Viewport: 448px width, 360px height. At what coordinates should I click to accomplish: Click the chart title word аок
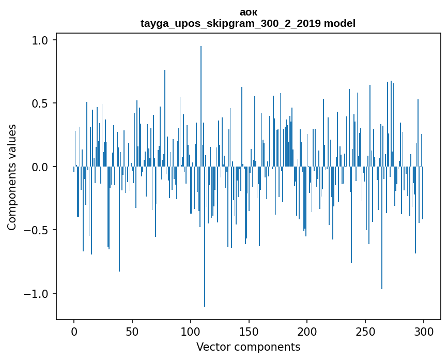coord(249,12)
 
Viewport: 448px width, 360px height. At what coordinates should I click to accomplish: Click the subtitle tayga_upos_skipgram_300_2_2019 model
coord(248,23)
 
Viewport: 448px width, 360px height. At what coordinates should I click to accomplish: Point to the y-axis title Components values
coord(12,177)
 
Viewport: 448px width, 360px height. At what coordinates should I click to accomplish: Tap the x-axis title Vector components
coord(248,347)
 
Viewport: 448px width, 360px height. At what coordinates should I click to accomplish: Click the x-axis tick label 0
coord(74,331)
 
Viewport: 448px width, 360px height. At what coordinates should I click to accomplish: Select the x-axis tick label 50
coord(132,331)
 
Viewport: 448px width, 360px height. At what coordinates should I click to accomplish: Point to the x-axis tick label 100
coord(191,331)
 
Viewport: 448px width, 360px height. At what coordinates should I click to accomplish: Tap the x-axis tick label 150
coord(249,331)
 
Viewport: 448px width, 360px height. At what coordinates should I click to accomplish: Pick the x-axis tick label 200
coord(307,331)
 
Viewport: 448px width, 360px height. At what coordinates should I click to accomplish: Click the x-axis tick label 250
coord(365,331)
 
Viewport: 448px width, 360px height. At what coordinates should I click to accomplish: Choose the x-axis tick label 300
coord(424,331)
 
